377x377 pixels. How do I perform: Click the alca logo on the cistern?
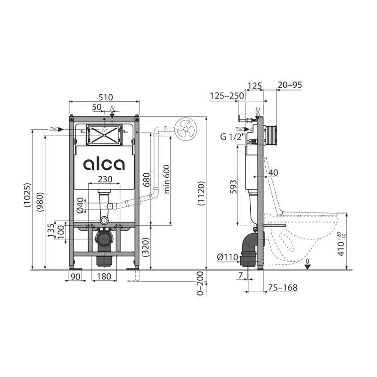[104, 164]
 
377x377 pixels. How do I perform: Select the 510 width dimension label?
[106, 98]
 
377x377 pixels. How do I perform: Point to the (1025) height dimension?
[27, 195]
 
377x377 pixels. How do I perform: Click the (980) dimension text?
[40, 202]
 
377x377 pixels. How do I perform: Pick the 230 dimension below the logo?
[105, 179]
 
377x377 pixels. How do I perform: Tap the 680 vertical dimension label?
[147, 180]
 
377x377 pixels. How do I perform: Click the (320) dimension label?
[146, 247]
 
